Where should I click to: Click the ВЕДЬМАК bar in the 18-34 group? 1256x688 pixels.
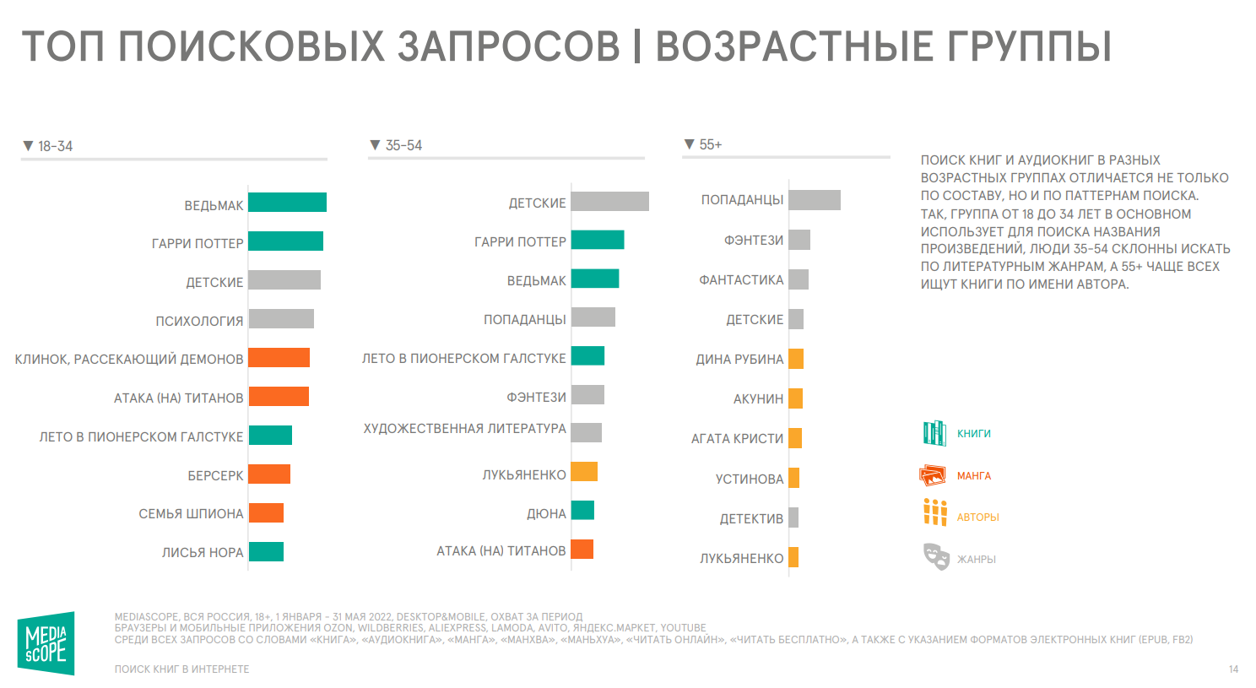[287, 203]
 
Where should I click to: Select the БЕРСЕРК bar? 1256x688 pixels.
[269, 474]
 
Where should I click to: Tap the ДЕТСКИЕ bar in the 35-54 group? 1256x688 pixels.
[609, 202]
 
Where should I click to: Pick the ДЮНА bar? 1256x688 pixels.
[582, 511]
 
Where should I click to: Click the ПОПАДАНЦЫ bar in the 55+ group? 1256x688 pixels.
[815, 200]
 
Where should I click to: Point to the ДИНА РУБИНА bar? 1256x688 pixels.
[796, 359]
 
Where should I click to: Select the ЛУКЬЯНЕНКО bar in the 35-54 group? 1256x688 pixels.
[584, 472]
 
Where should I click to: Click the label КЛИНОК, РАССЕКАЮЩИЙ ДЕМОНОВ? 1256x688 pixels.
[129, 360]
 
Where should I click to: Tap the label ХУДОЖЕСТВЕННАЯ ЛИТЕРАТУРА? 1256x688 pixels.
[464, 429]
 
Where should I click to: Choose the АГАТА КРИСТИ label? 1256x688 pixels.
[737, 439]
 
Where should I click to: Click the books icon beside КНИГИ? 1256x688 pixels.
[934, 433]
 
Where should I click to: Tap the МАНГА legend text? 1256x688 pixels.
[973, 476]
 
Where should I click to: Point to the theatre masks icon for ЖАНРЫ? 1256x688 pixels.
[935, 556]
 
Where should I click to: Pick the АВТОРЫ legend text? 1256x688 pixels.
[977, 517]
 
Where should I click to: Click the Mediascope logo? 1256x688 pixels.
[46, 643]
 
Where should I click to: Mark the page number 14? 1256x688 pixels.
[1233, 669]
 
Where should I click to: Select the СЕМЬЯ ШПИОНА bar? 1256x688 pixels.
[266, 513]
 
